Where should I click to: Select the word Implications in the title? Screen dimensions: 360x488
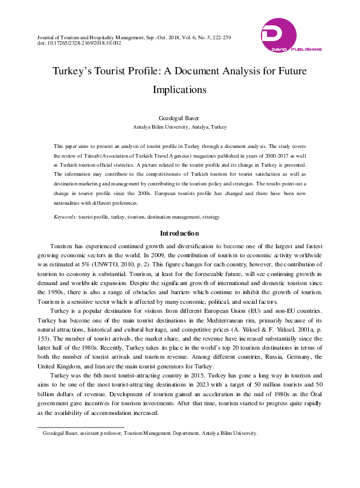tap(179, 89)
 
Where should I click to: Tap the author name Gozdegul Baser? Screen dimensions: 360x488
tap(180, 118)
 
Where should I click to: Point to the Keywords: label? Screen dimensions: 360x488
tap(65, 216)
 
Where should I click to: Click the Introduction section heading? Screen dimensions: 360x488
tap(179, 233)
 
